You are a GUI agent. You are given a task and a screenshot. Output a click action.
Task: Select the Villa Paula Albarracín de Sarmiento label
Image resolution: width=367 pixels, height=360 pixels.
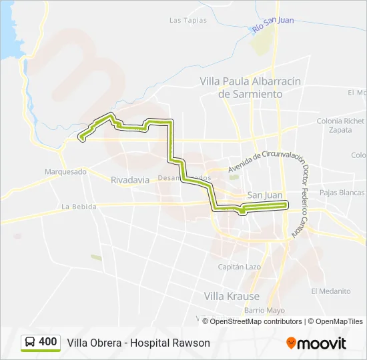pos(250,87)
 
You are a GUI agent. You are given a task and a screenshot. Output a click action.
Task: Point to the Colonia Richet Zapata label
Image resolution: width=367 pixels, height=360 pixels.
pos(340,125)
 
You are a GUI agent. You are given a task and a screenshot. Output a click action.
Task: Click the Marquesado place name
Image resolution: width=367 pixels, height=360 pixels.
pos(65,171)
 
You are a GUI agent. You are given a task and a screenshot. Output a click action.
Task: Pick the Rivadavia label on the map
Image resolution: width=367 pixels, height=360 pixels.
pos(130,180)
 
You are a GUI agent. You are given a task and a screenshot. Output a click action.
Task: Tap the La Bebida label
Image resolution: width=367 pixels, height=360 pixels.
pos(79,207)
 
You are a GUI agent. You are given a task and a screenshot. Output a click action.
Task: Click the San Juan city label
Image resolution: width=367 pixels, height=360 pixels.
pos(265,195)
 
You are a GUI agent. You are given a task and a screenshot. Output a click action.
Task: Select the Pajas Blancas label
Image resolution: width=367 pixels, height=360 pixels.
pos(342,193)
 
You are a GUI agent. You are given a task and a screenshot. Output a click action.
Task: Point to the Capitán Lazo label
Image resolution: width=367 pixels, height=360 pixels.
pos(239,267)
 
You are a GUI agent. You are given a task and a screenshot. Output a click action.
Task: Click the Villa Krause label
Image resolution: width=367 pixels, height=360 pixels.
pos(232,295)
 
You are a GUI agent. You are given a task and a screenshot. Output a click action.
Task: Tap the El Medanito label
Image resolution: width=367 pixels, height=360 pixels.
pos(335,291)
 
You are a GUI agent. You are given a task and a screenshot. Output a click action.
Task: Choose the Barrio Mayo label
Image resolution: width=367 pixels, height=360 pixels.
pos(264,311)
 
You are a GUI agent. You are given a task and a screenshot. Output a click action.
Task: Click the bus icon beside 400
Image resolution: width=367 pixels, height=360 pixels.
pos(31,342)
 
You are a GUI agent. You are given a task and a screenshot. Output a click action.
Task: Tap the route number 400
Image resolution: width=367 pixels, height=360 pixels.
pos(48,342)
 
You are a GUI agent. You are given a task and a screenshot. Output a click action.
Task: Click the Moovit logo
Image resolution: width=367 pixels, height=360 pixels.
pos(316,343)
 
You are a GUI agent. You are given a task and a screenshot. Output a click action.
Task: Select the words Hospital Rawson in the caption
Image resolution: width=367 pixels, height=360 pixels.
pos(170,343)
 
